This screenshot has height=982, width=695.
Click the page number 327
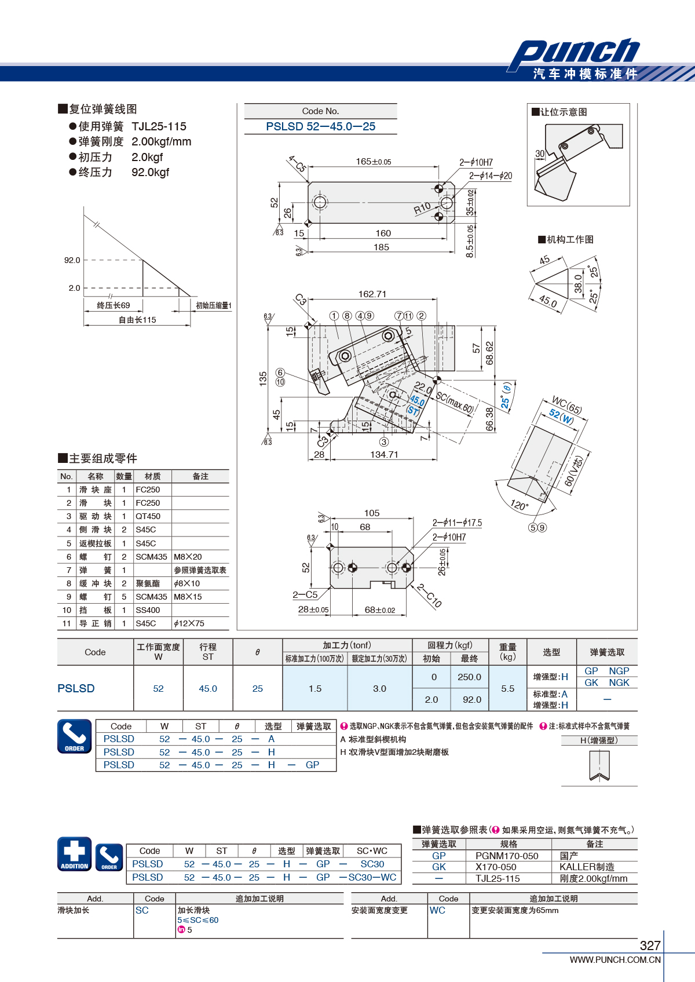650,946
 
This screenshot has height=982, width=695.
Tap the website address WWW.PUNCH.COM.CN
615,960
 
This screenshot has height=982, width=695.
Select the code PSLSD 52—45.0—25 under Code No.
320,127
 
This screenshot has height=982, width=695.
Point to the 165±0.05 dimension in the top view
374,162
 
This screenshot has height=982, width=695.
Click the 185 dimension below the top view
381,247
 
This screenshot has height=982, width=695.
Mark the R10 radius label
422,208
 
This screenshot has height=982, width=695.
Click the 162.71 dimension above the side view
372,294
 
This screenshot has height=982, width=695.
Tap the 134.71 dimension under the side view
384,455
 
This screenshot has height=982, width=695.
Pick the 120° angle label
519,505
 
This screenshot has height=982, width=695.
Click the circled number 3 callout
384,442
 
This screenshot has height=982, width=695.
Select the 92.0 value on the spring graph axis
72,260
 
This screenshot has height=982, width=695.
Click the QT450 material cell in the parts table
148,516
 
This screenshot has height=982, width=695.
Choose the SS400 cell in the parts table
148,610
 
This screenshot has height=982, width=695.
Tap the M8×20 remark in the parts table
188,557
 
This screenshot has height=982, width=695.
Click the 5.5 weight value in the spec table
508,689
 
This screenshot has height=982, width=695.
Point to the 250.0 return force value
469,677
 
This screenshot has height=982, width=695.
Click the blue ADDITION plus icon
75,854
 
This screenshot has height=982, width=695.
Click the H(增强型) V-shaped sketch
599,765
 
